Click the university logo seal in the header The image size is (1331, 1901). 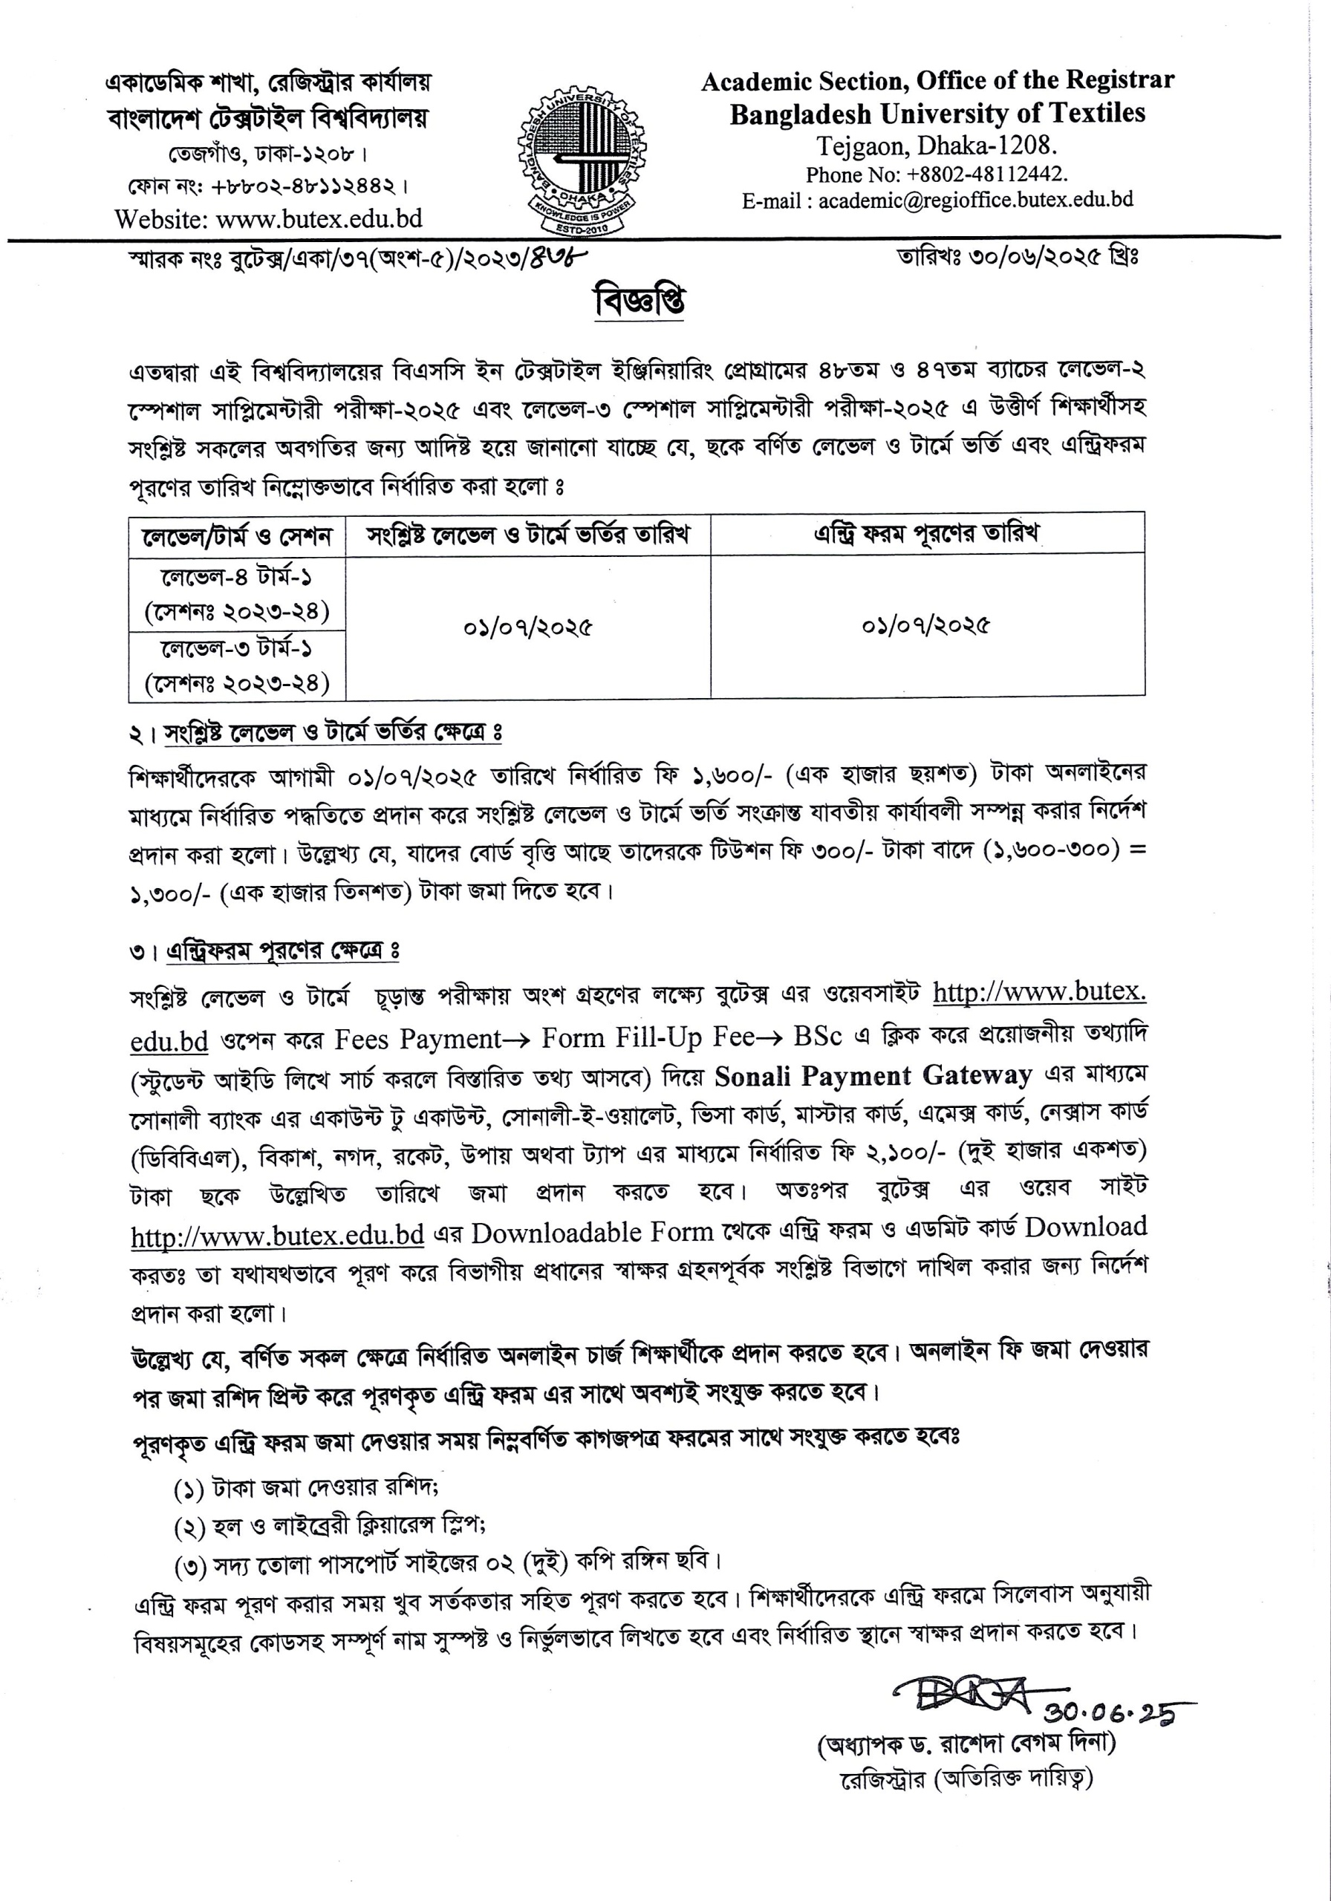[582, 159]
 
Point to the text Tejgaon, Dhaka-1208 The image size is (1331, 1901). [937, 146]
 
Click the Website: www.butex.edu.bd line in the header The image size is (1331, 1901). [268, 218]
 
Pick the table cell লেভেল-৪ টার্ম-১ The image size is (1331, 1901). [237, 575]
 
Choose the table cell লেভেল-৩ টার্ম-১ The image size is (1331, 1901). [237, 648]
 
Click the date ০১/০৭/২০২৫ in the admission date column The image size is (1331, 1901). [527, 627]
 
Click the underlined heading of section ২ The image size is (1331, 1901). [333, 733]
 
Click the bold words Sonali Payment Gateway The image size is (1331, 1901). [873, 1075]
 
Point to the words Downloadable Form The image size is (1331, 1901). [592, 1233]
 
